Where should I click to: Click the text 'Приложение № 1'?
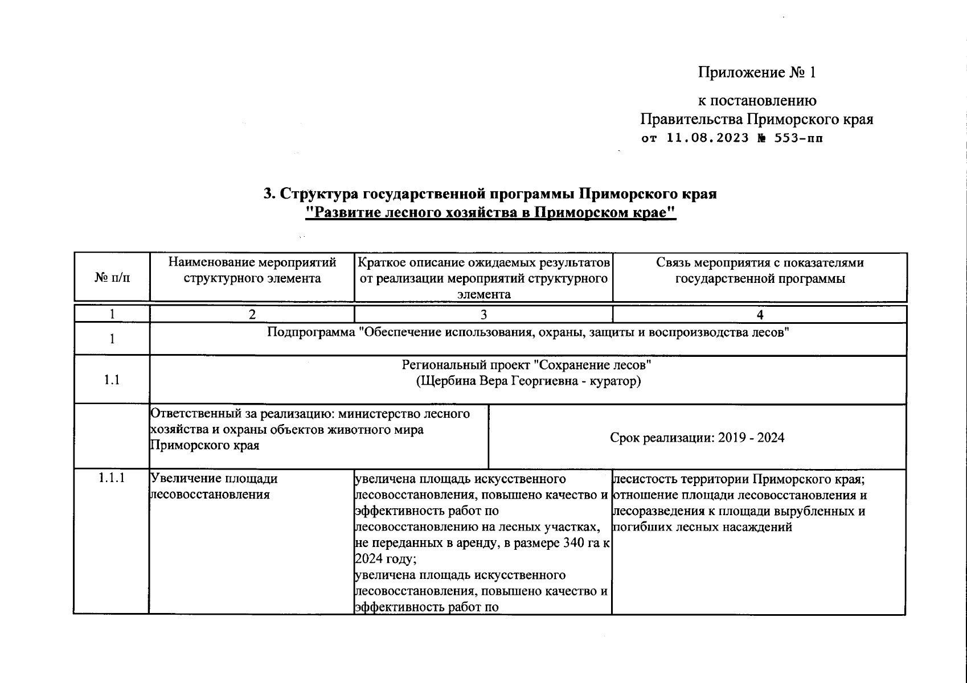coord(757,73)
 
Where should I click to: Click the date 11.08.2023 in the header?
coord(707,138)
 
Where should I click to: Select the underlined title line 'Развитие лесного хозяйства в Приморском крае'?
coord(490,213)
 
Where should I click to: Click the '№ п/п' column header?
coord(112,278)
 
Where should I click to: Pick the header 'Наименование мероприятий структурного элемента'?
coord(252,270)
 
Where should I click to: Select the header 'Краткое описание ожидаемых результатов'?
coord(483,263)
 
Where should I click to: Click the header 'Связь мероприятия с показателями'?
coord(759,263)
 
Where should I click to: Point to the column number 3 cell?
coord(483,314)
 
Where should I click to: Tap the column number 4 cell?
coord(759,314)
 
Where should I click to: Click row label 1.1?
coord(112,380)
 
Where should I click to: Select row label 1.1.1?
coord(112,478)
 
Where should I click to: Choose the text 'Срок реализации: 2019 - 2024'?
coord(697,438)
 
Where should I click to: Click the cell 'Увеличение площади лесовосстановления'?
coord(214,486)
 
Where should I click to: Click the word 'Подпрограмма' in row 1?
coord(311,332)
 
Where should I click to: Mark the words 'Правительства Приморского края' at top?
coord(756,120)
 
